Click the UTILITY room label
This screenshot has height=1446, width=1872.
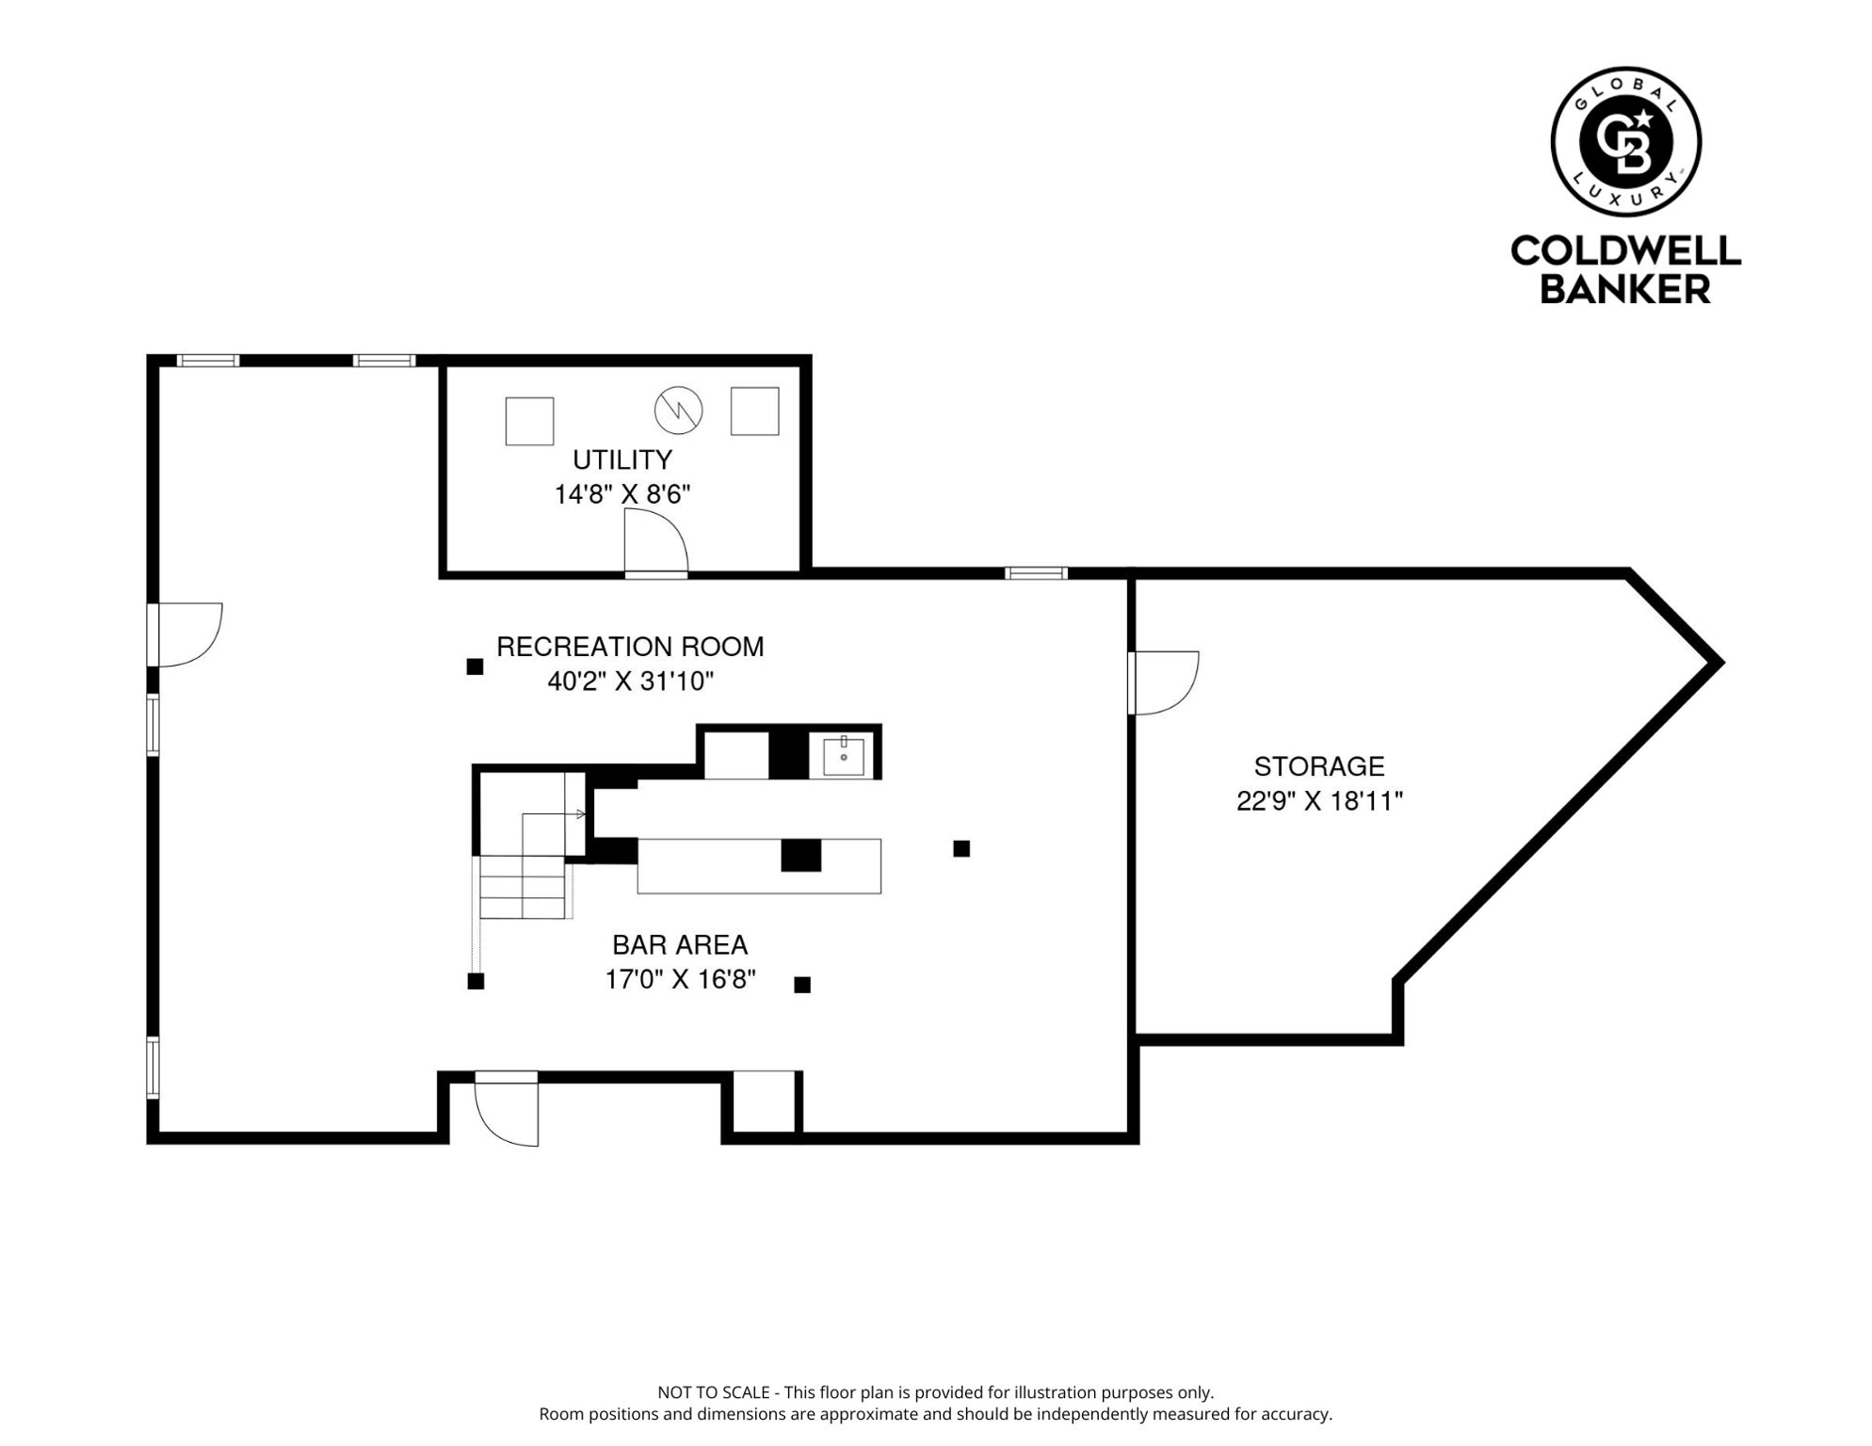click(622, 459)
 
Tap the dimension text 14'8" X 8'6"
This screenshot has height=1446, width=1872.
click(622, 494)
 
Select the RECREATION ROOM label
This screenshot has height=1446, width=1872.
click(630, 647)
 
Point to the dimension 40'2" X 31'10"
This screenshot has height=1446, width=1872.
click(630, 682)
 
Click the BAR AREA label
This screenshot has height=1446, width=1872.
click(680, 944)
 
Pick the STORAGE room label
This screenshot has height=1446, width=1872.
click(1318, 766)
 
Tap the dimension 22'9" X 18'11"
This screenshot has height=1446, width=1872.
click(1318, 801)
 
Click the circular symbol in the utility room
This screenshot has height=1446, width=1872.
click(678, 410)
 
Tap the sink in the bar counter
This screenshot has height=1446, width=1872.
click(843, 756)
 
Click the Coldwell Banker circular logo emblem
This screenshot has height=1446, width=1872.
click(1625, 142)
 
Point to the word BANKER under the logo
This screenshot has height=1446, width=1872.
click(1624, 289)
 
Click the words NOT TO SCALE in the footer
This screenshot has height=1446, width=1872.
click(713, 1392)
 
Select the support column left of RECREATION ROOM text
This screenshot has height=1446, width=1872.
click(475, 667)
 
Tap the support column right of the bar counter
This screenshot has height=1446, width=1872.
click(961, 848)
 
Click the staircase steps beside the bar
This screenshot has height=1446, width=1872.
click(523, 887)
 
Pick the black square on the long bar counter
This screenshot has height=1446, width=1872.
click(800, 855)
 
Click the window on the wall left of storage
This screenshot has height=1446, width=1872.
click(1036, 572)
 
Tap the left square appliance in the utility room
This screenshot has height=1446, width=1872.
click(529, 421)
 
